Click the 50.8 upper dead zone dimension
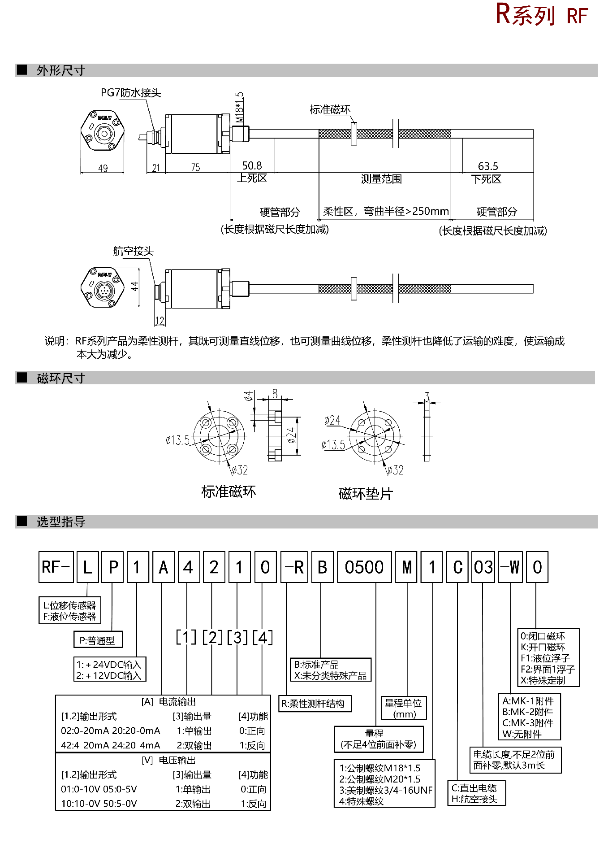252,166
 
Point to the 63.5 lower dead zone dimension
488,166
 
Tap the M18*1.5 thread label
240,108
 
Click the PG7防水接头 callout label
130,93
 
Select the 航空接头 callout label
133,251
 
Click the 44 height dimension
134,286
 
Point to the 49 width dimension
103,168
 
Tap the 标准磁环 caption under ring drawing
229,491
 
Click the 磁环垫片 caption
366,494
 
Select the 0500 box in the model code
364,567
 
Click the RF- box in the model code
56,567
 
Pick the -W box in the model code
510,567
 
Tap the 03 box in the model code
483,567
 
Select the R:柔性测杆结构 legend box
315,704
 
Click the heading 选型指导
61,522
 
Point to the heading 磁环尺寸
61,378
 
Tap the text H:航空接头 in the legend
474,799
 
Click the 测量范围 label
381,179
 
